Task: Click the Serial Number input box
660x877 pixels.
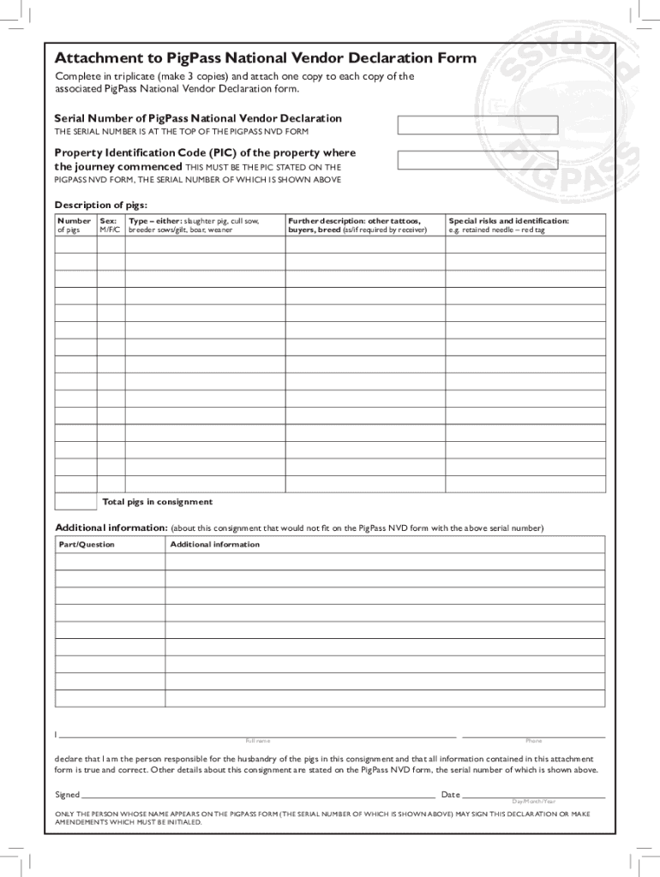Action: pyautogui.click(x=477, y=125)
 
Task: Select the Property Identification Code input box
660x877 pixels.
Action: pyautogui.click(x=477, y=160)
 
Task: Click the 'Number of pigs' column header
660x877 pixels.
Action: pyautogui.click(x=75, y=225)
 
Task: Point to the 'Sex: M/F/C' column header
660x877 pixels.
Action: pyautogui.click(x=111, y=225)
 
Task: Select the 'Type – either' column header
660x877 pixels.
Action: pyautogui.click(x=194, y=225)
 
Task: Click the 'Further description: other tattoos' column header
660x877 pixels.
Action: pyautogui.click(x=355, y=225)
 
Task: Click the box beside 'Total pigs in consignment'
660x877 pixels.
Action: pyautogui.click(x=75, y=502)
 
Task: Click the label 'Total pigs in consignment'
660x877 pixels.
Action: pyautogui.click(x=158, y=502)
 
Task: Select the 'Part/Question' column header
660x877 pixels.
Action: pyautogui.click(x=87, y=545)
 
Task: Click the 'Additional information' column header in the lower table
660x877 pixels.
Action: pyautogui.click(x=215, y=545)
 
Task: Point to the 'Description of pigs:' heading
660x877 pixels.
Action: pyautogui.click(x=101, y=205)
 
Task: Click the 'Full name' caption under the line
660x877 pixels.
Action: pyautogui.click(x=257, y=741)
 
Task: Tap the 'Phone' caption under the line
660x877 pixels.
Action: pyautogui.click(x=533, y=741)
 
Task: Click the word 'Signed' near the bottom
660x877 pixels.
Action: pyautogui.click(x=68, y=795)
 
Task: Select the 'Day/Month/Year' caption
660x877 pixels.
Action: pyautogui.click(x=533, y=802)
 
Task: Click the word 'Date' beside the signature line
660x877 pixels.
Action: pyautogui.click(x=451, y=795)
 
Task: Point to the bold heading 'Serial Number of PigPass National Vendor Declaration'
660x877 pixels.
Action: pyautogui.click(x=198, y=118)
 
